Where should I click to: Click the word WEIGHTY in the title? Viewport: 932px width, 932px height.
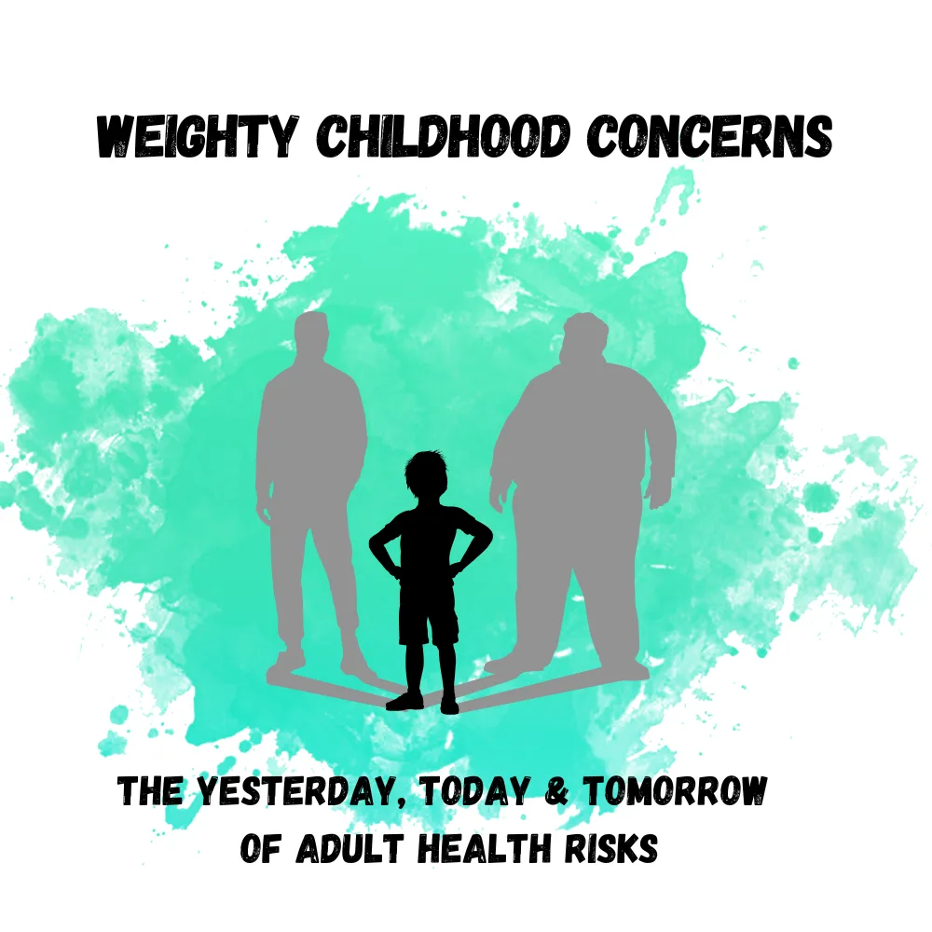[x=197, y=136]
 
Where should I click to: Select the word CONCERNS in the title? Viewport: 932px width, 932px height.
[x=709, y=136]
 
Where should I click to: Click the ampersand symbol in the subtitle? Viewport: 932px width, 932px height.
[x=556, y=791]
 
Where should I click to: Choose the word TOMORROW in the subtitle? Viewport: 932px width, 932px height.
[x=675, y=791]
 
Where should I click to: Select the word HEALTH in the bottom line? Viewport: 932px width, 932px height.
[x=484, y=848]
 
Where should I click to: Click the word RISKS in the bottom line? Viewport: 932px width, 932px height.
[x=611, y=848]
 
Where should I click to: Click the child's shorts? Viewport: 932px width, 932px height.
[x=428, y=612]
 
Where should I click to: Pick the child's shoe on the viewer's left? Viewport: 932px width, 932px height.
[x=405, y=702]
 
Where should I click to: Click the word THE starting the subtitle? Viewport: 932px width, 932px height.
[x=150, y=791]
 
